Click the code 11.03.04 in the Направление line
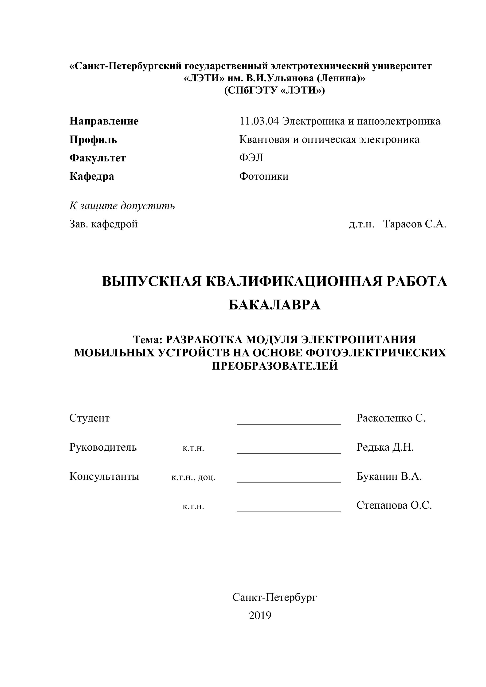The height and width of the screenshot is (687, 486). pyautogui.click(x=259, y=121)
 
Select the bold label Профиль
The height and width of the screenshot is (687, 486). pyautogui.click(x=93, y=139)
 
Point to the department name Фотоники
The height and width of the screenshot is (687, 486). pyautogui.click(x=264, y=176)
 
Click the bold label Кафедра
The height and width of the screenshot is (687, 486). pyautogui.click(x=92, y=176)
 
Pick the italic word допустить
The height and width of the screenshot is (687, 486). pyautogui.click(x=148, y=206)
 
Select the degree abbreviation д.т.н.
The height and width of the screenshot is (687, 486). pyautogui.click(x=361, y=224)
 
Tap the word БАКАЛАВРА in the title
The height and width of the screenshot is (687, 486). pyautogui.click(x=274, y=305)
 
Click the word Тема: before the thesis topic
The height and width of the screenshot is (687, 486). pyautogui.click(x=147, y=340)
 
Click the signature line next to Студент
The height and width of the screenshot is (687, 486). pyautogui.click(x=289, y=424)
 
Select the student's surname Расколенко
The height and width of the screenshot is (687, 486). pyautogui.click(x=384, y=418)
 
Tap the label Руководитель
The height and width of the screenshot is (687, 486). pyautogui.click(x=103, y=447)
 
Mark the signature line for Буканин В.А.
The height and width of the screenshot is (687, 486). pyautogui.click(x=289, y=482)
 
